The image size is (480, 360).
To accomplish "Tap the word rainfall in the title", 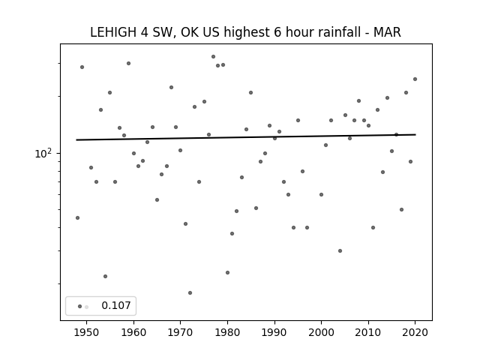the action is pos(338,32).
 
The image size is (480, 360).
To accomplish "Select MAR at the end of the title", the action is pos(387,32).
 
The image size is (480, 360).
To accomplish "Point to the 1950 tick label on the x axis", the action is pos(87,332).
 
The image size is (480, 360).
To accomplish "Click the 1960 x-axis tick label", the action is pos(133,332).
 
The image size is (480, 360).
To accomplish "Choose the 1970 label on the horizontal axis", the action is pos(180,332).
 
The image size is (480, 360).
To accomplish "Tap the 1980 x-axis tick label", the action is pos(227,332).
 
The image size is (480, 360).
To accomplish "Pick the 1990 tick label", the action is pos(274,332).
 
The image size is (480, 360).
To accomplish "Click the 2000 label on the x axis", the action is pos(322,332).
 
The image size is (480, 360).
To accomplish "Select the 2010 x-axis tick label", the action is pos(368,332).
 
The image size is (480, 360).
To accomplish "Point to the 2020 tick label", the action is pos(415,332).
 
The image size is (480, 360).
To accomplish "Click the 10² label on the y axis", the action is pos(43,153).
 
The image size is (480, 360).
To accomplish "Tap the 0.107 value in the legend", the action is pos(116,305).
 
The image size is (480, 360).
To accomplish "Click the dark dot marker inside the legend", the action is pos(80,306).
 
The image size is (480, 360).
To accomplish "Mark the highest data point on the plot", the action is pos(213,57).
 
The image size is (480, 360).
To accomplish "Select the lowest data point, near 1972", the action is pos(190,293).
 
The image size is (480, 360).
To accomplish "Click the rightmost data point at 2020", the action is pos(415,79).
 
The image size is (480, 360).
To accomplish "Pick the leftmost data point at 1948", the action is pos(77,217).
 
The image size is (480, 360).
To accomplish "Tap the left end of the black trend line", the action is pos(76,140).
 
